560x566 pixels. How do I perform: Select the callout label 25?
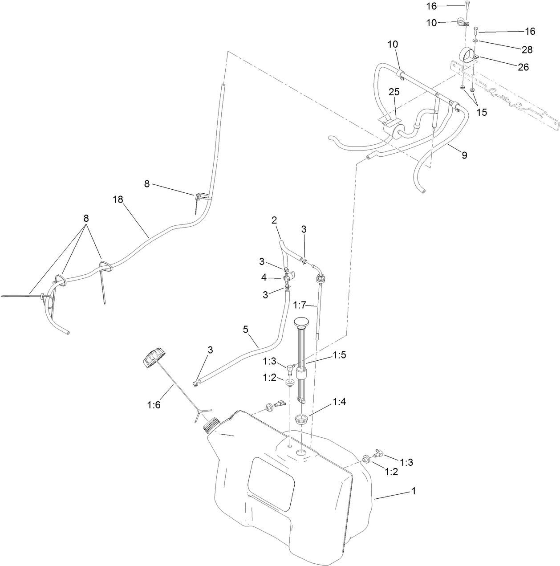[x=394, y=92]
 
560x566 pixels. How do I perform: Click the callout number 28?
[x=528, y=49]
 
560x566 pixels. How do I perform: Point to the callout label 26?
[x=523, y=67]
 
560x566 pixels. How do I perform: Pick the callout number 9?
[x=464, y=155]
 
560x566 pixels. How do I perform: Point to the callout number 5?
[x=245, y=330]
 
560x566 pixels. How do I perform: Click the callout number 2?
[x=274, y=220]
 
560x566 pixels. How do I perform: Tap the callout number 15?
[x=482, y=112]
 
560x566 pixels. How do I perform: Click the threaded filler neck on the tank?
[x=211, y=425]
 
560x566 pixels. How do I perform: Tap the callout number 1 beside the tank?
[x=414, y=491]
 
